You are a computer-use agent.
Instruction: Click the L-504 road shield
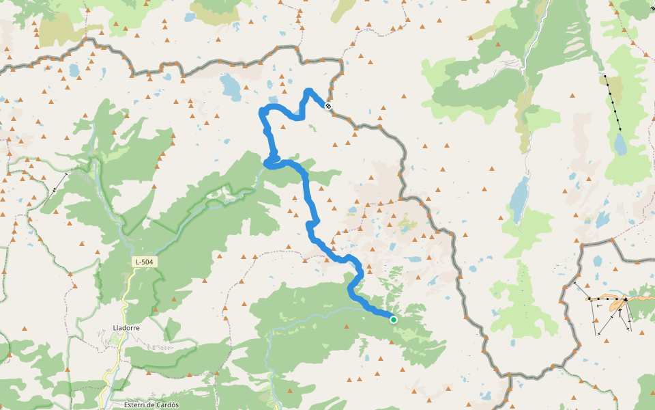(x=145, y=262)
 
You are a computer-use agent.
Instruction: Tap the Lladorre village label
(x=126, y=328)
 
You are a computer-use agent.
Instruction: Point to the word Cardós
(x=166, y=405)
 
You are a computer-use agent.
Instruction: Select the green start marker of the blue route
(x=394, y=319)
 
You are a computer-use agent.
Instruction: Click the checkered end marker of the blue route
(x=328, y=106)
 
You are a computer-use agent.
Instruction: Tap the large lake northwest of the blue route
(x=230, y=86)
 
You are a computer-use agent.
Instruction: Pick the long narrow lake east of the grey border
(x=519, y=200)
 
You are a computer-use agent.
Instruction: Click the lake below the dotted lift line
(x=620, y=145)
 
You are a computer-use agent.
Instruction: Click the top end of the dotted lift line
(x=605, y=75)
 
